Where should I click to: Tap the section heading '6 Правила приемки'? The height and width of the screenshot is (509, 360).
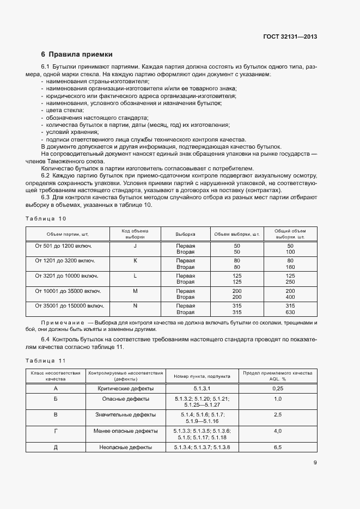[x=77, y=54]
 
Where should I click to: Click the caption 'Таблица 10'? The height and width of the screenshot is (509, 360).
[x=46, y=218]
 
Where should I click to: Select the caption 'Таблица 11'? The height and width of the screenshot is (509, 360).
[x=46, y=360]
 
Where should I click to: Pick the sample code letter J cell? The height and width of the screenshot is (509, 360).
[x=135, y=246]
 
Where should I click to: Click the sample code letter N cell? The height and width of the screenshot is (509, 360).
[x=135, y=306]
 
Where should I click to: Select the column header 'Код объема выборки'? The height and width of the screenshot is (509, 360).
[x=135, y=234]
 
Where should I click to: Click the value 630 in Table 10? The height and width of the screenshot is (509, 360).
[x=290, y=312]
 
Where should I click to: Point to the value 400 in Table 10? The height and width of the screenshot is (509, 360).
[x=290, y=297]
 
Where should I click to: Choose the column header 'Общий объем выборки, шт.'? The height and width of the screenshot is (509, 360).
[x=290, y=234]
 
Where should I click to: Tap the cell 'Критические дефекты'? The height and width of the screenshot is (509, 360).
[x=125, y=389]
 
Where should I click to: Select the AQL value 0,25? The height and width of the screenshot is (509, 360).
[x=277, y=389]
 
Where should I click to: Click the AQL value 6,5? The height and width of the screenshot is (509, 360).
[x=277, y=447]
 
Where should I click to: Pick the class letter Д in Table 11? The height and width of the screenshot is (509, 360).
[x=56, y=447]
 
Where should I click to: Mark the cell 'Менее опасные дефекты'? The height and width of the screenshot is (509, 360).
[x=125, y=431]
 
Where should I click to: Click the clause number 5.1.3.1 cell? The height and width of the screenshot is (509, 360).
[x=202, y=389]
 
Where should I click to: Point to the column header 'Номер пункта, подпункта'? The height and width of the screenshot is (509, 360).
[x=202, y=376]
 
